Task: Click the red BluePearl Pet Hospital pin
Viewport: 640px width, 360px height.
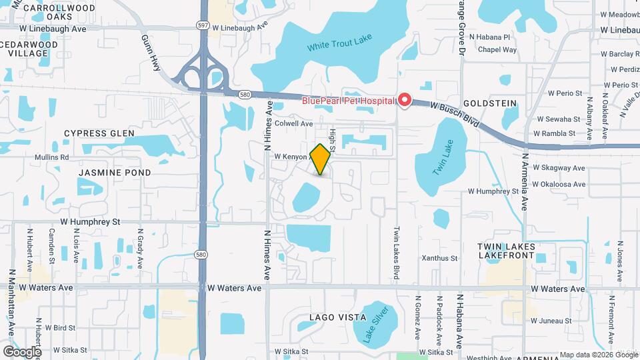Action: click(x=404, y=101)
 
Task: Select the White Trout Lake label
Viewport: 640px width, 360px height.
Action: click(x=339, y=47)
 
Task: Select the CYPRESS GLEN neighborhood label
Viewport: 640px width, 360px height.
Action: click(x=95, y=133)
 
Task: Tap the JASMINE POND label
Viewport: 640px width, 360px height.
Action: click(x=115, y=172)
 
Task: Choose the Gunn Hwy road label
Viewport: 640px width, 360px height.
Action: click(x=152, y=49)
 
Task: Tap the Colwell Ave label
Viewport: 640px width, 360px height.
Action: click(x=293, y=123)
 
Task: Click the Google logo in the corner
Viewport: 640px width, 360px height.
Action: click(x=22, y=352)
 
